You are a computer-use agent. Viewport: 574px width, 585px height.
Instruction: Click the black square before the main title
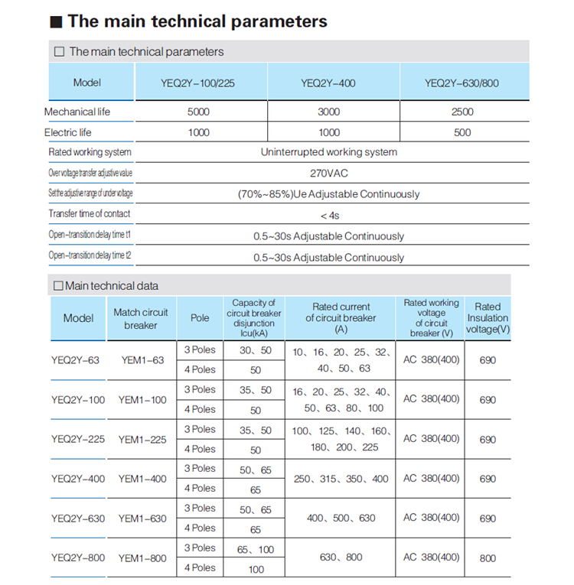pos(55,22)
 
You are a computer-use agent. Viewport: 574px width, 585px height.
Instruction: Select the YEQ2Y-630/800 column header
pos(461,83)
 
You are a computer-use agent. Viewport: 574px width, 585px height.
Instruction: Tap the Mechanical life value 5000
pos(198,112)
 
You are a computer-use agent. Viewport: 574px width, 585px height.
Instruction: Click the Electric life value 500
pos(462,132)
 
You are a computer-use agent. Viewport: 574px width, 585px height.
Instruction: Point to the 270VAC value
pos(329,173)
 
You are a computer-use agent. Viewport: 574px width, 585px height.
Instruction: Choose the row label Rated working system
pos(90,152)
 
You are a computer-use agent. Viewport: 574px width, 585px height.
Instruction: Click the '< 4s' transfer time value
pos(329,215)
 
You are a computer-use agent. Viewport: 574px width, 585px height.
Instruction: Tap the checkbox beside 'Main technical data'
pos(57,286)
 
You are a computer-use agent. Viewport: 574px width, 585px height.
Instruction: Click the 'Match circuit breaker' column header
pos(141,318)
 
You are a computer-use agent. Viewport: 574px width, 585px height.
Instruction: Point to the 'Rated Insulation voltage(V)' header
pos(488,318)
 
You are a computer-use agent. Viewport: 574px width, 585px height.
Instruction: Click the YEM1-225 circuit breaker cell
pos(142,439)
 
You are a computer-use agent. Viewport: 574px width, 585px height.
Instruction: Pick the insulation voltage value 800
pos(488,558)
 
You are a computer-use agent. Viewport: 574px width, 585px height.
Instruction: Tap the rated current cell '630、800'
pos(341,557)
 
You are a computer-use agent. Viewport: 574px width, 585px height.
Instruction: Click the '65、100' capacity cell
pos(256,549)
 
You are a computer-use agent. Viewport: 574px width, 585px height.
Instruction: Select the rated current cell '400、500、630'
pos(341,518)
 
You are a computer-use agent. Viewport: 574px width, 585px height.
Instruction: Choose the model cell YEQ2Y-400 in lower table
pos(78,479)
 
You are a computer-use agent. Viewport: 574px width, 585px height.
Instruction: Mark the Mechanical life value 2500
pos(462,112)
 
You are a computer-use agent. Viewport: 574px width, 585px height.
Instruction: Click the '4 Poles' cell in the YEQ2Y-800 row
pos(200,567)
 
